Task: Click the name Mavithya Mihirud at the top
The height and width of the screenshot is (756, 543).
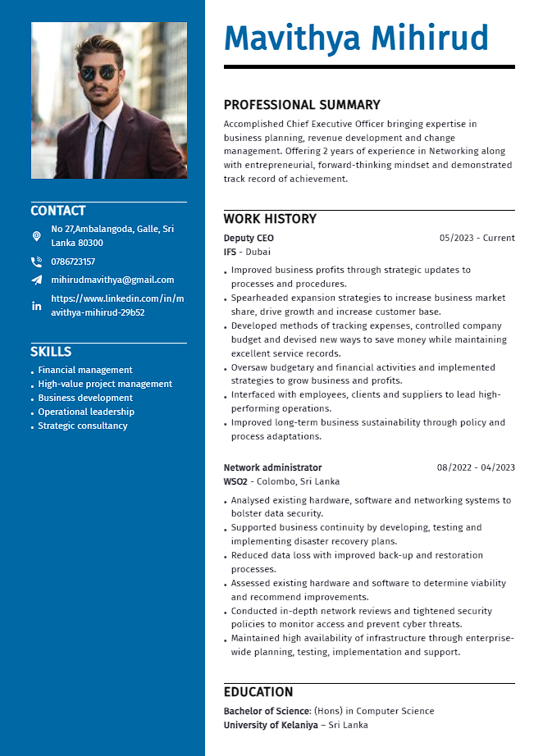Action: click(356, 39)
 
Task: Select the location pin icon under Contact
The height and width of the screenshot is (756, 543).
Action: click(36, 236)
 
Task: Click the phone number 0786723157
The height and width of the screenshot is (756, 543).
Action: click(73, 262)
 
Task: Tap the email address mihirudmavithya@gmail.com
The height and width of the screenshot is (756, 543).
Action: click(112, 280)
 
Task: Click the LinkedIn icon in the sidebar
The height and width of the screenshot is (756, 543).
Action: click(36, 306)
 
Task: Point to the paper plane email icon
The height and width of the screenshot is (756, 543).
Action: click(36, 280)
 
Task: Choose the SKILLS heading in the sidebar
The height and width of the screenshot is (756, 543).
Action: click(51, 352)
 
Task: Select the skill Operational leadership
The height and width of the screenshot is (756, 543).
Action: click(86, 412)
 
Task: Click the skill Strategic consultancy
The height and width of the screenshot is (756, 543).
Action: click(83, 426)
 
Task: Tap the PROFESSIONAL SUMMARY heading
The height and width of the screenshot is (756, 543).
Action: click(302, 105)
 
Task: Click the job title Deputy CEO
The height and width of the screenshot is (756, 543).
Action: click(249, 238)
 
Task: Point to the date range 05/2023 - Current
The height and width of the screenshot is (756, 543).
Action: click(477, 238)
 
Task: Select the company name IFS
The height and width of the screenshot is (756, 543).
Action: click(230, 252)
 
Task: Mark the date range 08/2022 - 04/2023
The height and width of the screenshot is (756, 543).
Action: click(476, 467)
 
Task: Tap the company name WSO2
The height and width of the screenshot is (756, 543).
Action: click(235, 481)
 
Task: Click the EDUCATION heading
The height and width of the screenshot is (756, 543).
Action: click(258, 692)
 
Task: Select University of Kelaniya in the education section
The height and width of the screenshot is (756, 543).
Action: click(271, 725)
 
